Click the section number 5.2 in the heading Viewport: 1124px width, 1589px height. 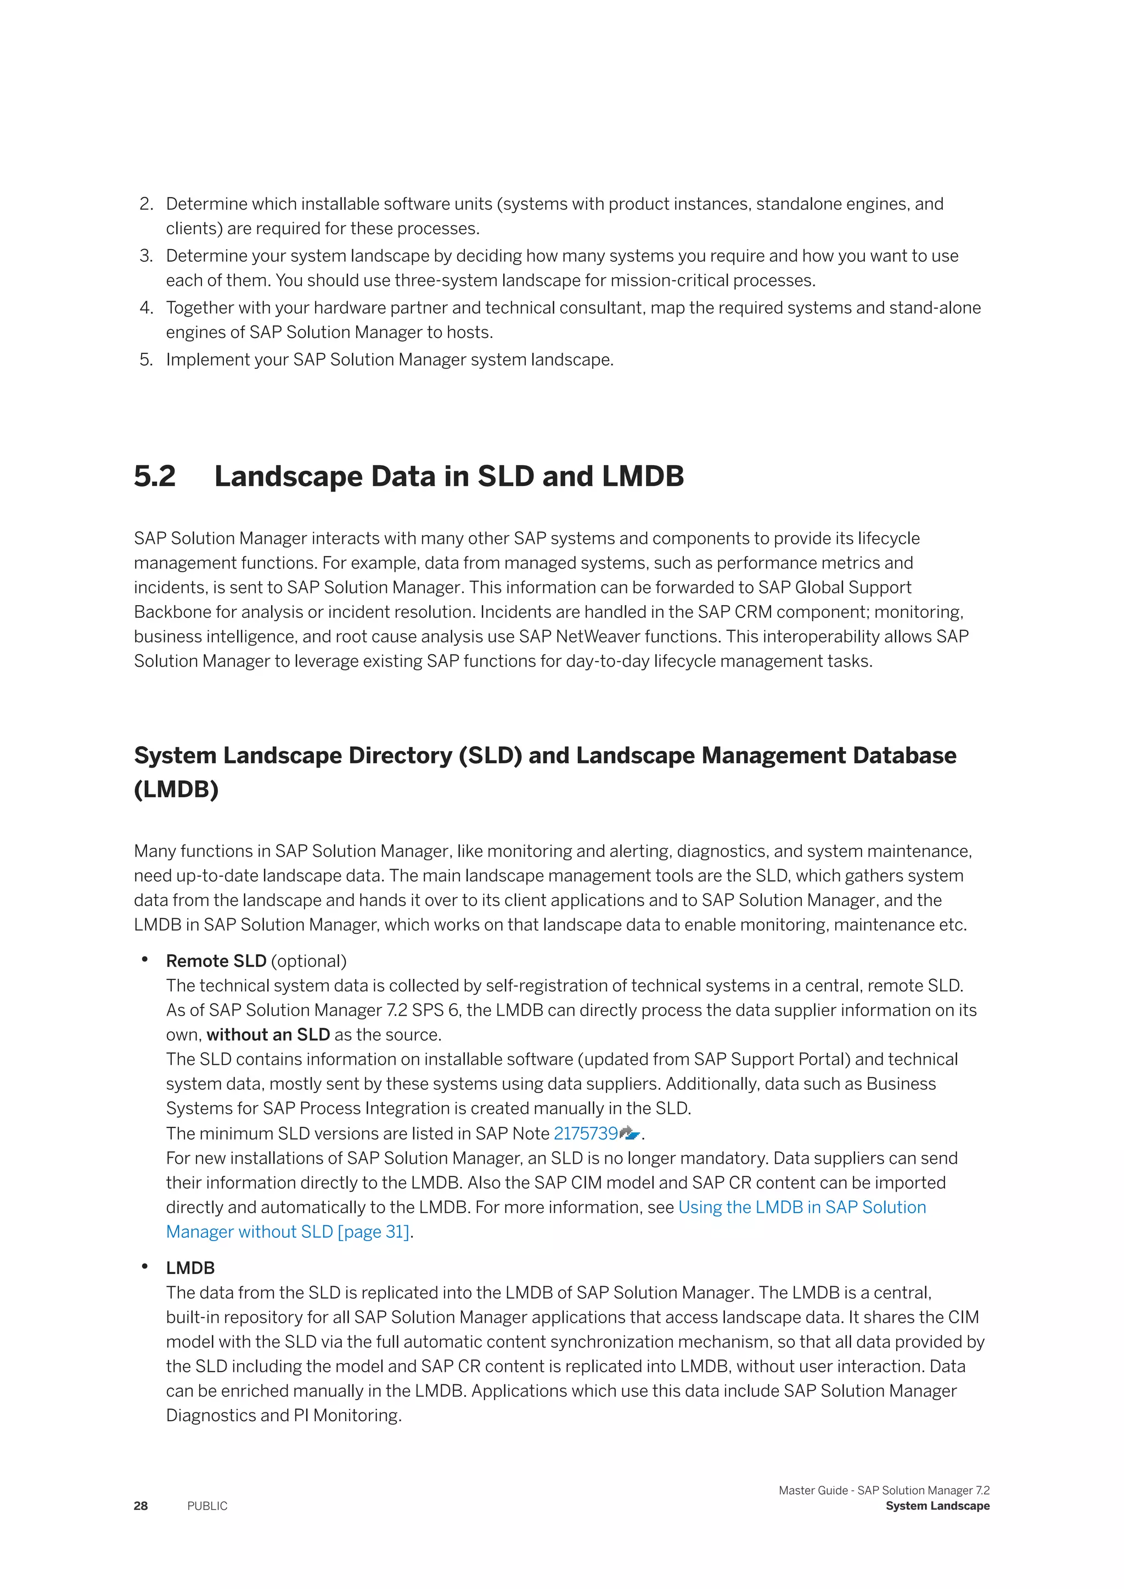[154, 477]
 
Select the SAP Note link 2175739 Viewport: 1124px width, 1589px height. [586, 1134]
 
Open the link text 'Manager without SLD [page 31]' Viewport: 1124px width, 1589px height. [288, 1232]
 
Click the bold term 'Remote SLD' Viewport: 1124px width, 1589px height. [216, 961]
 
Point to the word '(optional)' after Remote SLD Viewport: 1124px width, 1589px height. [308, 961]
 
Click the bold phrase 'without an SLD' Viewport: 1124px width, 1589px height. [268, 1035]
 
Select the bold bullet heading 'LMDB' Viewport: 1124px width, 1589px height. [190, 1268]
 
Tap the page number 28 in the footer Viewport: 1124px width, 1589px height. [140, 1506]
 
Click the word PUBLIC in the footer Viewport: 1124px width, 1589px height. [207, 1506]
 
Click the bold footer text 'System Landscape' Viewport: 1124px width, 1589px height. [937, 1506]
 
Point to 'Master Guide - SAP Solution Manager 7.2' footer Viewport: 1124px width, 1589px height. [884, 1490]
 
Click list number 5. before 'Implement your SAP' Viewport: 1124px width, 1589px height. [145, 360]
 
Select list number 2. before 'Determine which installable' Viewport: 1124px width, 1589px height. [145, 204]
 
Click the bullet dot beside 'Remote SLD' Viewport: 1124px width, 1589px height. [145, 959]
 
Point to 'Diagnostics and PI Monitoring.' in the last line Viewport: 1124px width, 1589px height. [284, 1415]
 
